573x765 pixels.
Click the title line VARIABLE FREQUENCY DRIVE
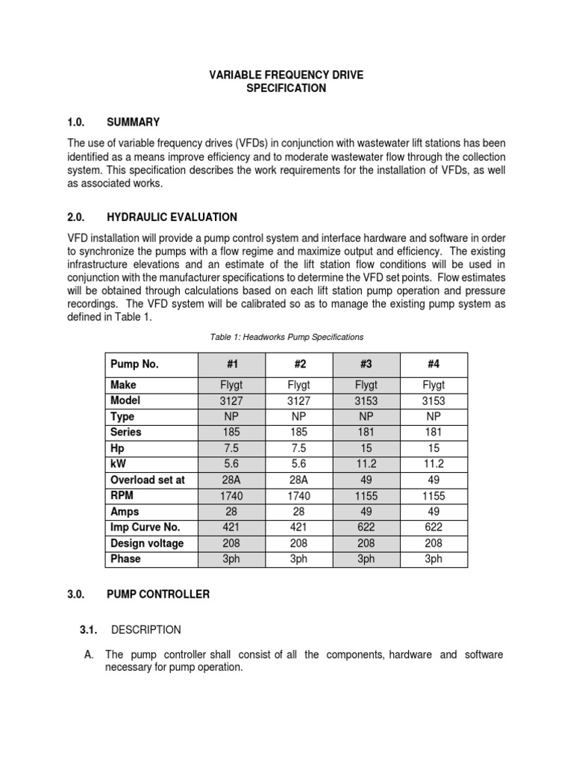pos(286,75)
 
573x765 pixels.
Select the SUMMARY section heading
pos(133,122)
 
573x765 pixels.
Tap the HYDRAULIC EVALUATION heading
pos(172,217)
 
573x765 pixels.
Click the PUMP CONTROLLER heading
pos(157,595)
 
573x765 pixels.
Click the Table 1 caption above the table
pos(286,338)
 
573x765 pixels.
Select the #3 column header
pos(366,365)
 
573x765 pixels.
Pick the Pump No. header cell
pos(135,365)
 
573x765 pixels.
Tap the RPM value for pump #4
pos(433,495)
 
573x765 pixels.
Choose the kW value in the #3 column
pos(366,464)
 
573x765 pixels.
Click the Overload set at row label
pos(147,480)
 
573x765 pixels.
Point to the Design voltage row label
pos(146,542)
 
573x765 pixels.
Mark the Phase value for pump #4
pos(433,558)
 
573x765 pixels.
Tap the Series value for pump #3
pos(366,432)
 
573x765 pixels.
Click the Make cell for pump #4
pos(433,385)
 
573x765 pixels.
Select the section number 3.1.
pos(90,630)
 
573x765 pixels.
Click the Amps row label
pos(125,511)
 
